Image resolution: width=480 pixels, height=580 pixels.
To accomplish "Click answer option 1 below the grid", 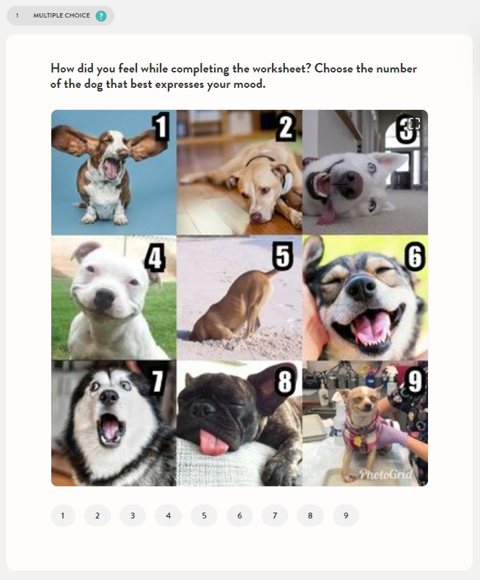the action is point(63,516).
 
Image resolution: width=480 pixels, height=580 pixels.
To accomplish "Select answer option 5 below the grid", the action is point(204,516).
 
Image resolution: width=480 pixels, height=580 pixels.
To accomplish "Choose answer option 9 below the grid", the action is point(346,516).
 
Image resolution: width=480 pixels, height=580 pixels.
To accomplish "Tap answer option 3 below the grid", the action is point(133,516).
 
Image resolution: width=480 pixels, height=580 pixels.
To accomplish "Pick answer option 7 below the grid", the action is point(275,516).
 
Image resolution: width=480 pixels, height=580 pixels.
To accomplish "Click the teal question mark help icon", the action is point(101,16).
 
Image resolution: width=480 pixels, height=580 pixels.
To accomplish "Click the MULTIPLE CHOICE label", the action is point(62,15).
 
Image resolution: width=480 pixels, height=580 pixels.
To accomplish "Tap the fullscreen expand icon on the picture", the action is point(414,124).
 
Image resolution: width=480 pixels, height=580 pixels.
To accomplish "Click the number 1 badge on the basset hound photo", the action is point(161,127).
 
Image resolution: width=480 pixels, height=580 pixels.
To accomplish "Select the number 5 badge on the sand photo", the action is point(282,256).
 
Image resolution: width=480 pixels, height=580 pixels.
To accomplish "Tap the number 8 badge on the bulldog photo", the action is point(285,381).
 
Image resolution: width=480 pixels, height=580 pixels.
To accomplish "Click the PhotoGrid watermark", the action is point(385,475).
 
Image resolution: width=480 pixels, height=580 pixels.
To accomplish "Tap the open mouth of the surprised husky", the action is point(111,429).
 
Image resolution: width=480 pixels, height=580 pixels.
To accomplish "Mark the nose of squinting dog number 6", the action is point(361,288).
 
